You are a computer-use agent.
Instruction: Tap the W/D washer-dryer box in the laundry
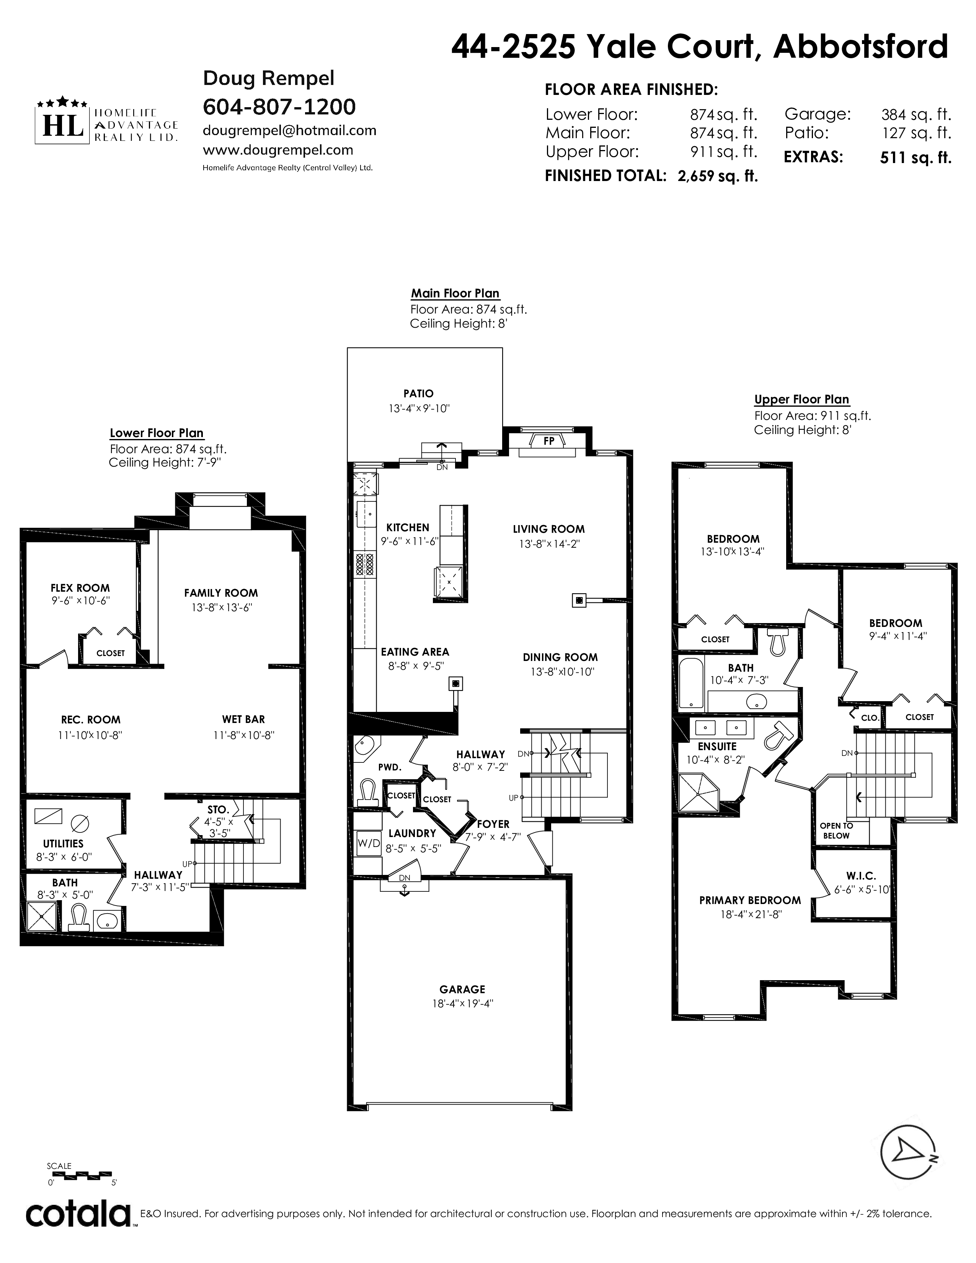[368, 843]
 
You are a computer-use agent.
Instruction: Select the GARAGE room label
[462, 989]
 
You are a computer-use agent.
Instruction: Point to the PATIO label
[419, 393]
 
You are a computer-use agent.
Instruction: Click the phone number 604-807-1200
[279, 106]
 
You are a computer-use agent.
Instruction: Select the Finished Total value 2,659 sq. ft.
[718, 176]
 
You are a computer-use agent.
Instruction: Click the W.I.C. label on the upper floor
[861, 876]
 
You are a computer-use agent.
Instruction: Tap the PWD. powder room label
[390, 767]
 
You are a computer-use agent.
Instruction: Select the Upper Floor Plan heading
[801, 400]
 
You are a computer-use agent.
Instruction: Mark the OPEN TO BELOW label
[836, 831]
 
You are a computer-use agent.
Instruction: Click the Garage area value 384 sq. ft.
[916, 114]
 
